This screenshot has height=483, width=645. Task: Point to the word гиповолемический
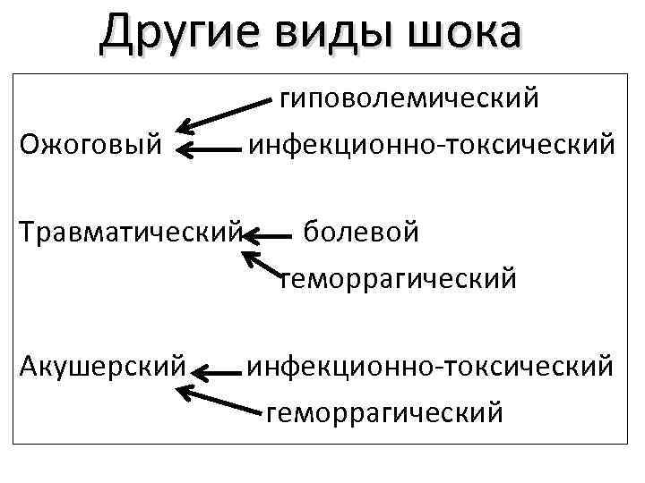409,97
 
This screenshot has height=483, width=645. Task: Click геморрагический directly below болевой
399,279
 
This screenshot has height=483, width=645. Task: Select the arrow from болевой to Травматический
269,236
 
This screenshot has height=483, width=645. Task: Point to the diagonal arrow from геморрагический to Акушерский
219,399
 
